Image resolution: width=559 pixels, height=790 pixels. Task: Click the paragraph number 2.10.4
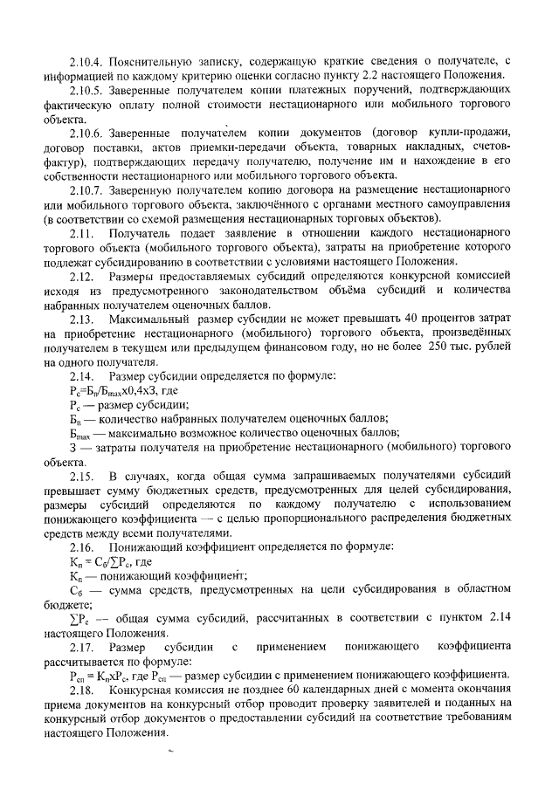tap(88, 62)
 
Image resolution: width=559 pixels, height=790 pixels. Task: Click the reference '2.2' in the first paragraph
tap(371, 76)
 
